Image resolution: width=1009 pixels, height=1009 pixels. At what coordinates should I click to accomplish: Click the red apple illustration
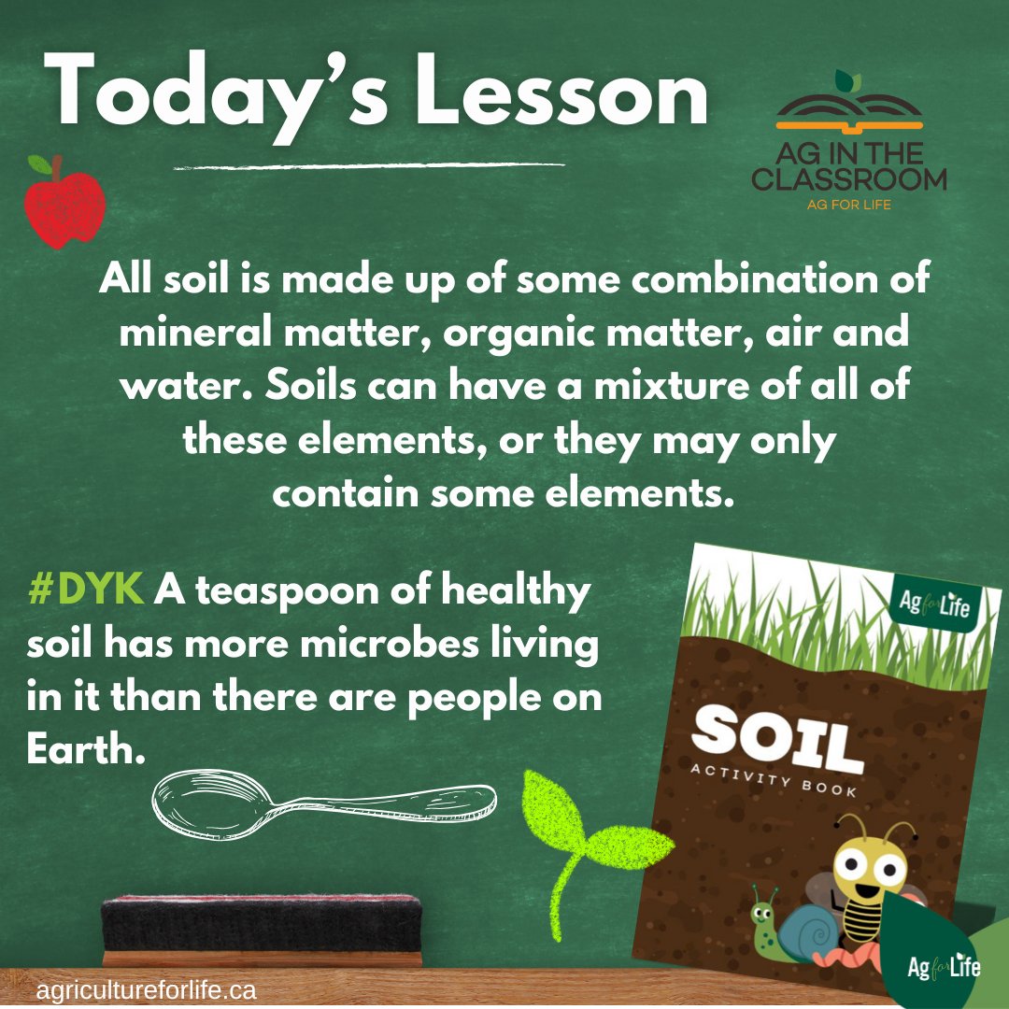coord(64,207)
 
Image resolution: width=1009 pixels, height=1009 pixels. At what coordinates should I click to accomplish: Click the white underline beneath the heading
coord(370,166)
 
